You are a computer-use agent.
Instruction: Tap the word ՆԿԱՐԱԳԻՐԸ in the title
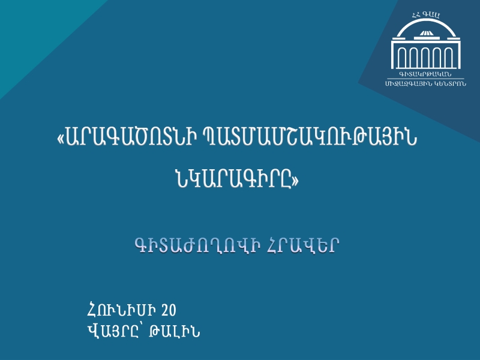click(x=233, y=179)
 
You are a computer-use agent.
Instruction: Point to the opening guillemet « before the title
click(x=61, y=139)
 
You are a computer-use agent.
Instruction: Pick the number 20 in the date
click(x=169, y=310)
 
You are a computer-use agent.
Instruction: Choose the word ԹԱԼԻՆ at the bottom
click(x=175, y=331)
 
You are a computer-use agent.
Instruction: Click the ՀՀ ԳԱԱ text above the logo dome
click(x=426, y=14)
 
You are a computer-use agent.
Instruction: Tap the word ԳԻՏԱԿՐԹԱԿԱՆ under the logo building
click(x=425, y=74)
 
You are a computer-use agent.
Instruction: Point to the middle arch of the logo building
click(x=426, y=49)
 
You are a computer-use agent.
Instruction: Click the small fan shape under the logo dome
click(x=426, y=33)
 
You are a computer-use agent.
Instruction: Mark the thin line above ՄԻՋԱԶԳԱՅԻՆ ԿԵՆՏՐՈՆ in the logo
click(x=426, y=79)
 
